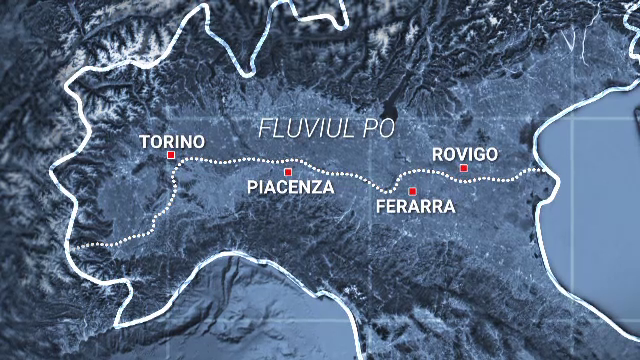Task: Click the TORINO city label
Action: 172,141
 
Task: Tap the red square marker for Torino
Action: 172,156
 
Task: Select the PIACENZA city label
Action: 290,187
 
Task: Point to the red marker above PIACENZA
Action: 288,172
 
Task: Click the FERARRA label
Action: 415,207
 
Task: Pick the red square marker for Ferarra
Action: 412,191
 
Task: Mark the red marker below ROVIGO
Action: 464,168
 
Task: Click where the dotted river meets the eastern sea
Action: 547,171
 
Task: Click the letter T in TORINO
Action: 145,141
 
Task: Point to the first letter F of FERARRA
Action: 380,207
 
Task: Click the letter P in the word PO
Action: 374,129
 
